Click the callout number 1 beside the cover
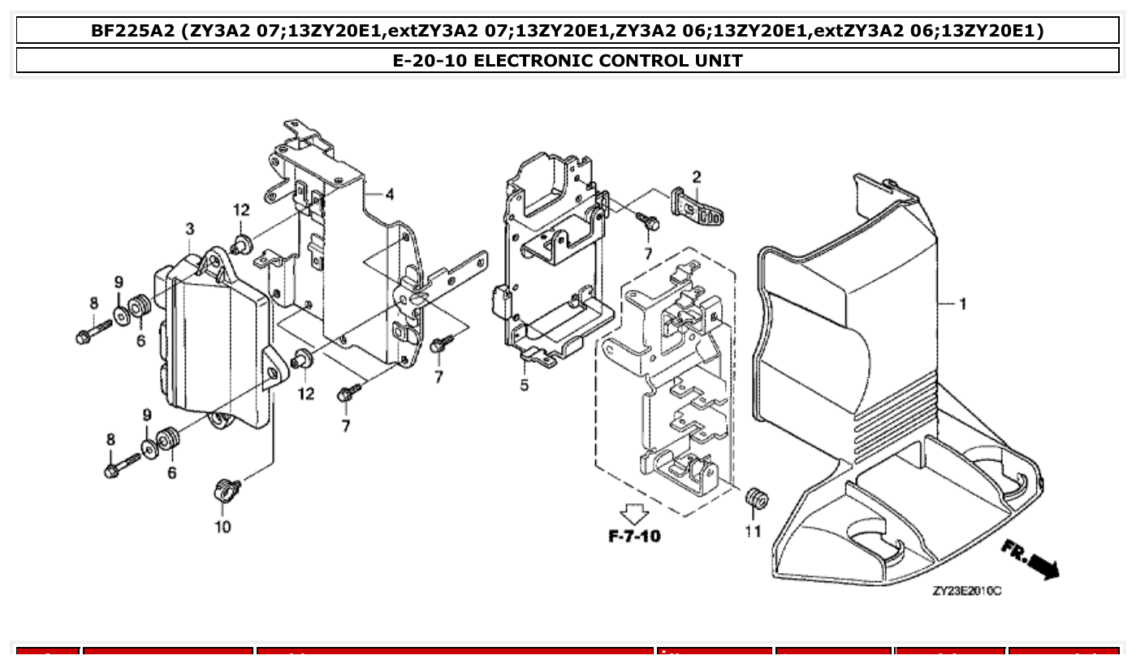click(x=962, y=305)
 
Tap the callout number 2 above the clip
click(x=697, y=177)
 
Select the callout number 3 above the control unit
click(x=189, y=230)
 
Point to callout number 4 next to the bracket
click(x=390, y=194)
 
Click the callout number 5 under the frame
click(x=524, y=385)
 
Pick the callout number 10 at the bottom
click(x=222, y=527)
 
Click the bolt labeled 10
click(x=225, y=489)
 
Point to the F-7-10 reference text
click(x=634, y=537)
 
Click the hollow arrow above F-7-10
click(x=634, y=513)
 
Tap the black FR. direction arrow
click(x=1043, y=567)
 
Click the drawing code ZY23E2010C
click(x=967, y=591)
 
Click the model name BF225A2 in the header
click(x=133, y=31)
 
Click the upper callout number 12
click(x=241, y=209)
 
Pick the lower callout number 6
click(x=171, y=472)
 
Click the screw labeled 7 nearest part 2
click(x=646, y=219)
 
